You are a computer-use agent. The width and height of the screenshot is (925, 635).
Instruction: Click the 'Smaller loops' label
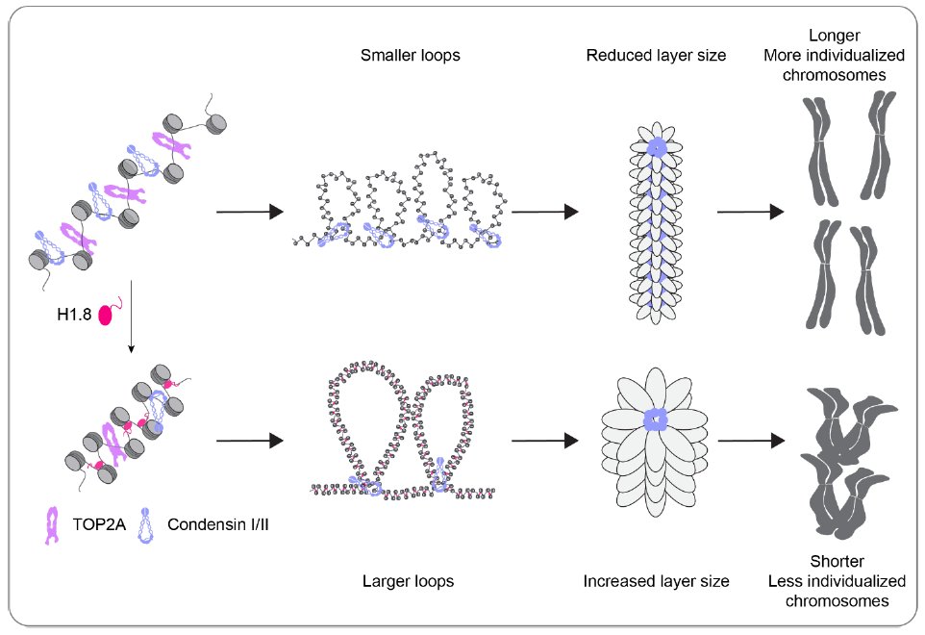tap(410, 55)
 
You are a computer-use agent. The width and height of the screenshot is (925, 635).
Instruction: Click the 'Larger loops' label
tap(408, 581)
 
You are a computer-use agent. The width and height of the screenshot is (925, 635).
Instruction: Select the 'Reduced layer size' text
tap(656, 55)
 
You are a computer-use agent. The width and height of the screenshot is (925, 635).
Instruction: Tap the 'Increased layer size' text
tap(656, 581)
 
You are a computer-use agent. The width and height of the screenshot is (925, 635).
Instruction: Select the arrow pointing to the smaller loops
tap(249, 212)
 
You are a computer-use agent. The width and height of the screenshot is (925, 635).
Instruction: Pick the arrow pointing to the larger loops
tap(249, 441)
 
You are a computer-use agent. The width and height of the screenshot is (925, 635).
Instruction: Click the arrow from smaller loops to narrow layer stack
tap(544, 212)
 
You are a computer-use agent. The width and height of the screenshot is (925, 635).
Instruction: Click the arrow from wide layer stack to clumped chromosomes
tap(748, 441)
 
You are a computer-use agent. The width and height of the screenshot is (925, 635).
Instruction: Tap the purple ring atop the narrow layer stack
tap(656, 146)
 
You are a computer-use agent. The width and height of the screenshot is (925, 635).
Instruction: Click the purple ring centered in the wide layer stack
tap(656, 420)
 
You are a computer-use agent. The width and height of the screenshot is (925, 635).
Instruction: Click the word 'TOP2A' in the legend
tap(92, 524)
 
